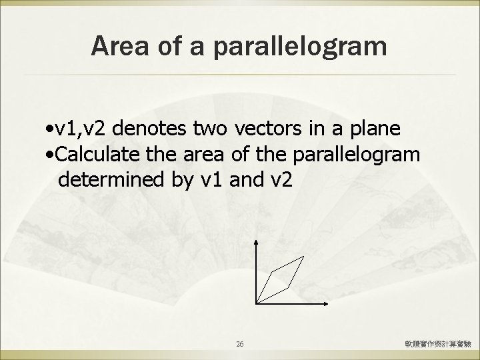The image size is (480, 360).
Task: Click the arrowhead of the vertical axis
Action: click(x=256, y=242)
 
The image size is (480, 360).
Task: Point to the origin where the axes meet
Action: click(x=256, y=303)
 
